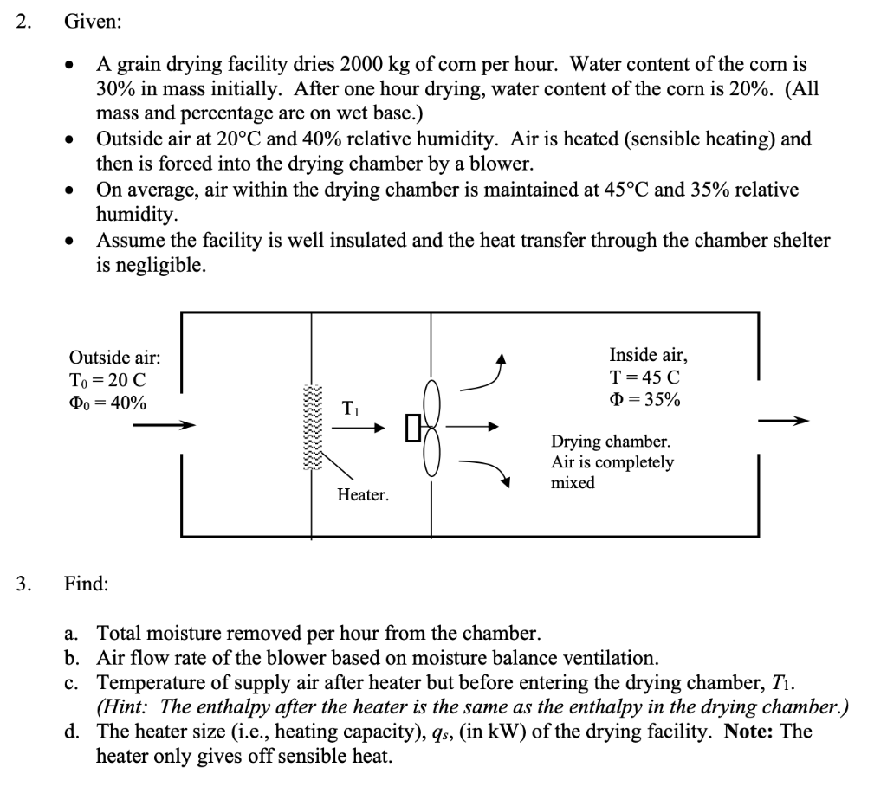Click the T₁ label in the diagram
[352, 408]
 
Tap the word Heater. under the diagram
[363, 495]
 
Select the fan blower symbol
[431, 427]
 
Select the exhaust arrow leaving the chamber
[783, 422]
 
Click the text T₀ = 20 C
[107, 380]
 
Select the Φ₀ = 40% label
[107, 403]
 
